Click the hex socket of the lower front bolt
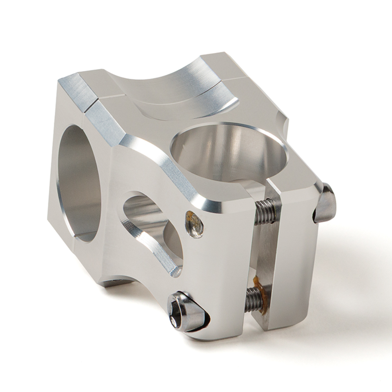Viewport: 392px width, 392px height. (174, 321)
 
